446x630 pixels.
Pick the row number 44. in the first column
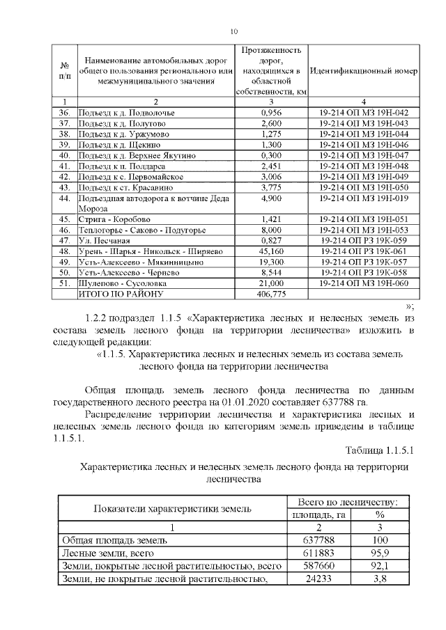(x=65, y=198)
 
